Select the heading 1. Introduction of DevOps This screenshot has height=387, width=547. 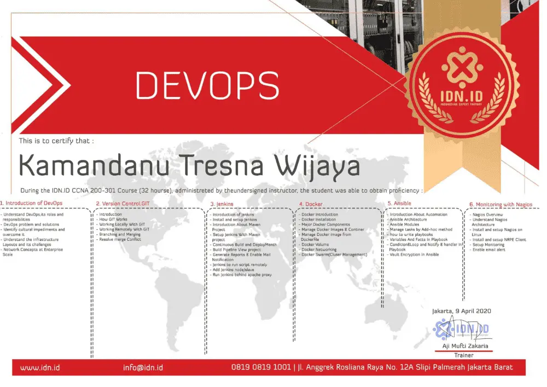pyautogui.click(x=31, y=203)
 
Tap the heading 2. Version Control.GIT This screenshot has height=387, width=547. pyautogui.click(x=122, y=204)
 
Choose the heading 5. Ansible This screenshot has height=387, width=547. pyautogui.click(x=399, y=203)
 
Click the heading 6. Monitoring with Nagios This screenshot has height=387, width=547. pyautogui.click(x=501, y=204)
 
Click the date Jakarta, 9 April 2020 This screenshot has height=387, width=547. pyautogui.click(x=461, y=311)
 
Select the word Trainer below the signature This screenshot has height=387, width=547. pyautogui.click(x=463, y=355)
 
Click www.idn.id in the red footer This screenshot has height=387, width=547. pyautogui.click(x=40, y=368)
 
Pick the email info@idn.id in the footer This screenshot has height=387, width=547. pyautogui.click(x=143, y=368)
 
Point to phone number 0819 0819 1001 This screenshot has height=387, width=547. pyautogui.click(x=261, y=367)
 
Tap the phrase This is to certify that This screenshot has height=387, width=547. pyautogui.click(x=56, y=141)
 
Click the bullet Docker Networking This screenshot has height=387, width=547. pyautogui.click(x=319, y=250)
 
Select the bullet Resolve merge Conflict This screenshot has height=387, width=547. pyautogui.click(x=120, y=239)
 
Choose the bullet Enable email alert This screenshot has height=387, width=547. pyautogui.click(x=489, y=250)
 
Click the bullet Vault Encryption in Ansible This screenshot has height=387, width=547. pyautogui.click(x=415, y=255)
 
